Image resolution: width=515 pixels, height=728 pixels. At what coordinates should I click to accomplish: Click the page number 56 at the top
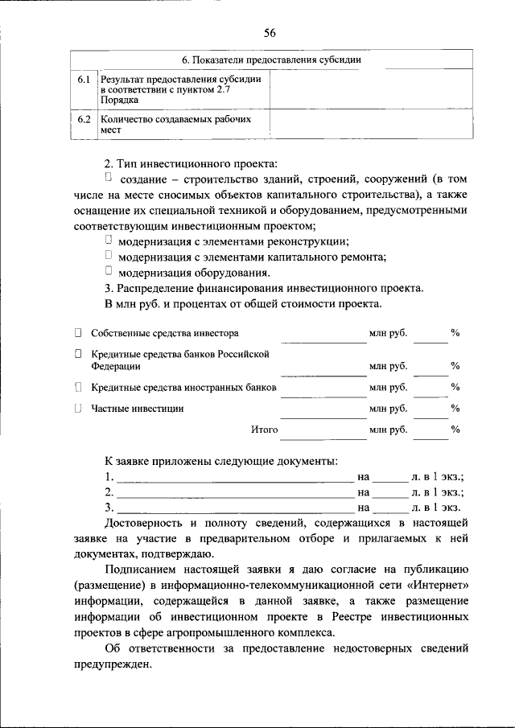pyautogui.click(x=270, y=32)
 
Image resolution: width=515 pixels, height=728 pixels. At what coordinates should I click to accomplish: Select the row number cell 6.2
pyautogui.click(x=84, y=119)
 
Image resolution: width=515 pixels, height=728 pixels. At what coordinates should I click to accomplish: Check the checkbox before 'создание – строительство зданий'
pyautogui.click(x=109, y=176)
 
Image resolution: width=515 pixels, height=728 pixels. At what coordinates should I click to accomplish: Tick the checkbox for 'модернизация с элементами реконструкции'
pyautogui.click(x=109, y=240)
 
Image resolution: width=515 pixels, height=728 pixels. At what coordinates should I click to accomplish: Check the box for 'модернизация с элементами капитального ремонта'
pyautogui.click(x=109, y=256)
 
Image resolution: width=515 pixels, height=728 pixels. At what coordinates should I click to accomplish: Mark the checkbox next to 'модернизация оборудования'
pyautogui.click(x=109, y=271)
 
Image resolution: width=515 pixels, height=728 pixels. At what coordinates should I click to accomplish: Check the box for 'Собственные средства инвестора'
pyautogui.click(x=78, y=332)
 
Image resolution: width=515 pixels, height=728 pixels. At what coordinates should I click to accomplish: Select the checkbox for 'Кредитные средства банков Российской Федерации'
pyautogui.click(x=78, y=353)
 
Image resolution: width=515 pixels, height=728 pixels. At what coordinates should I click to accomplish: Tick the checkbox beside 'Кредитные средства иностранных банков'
pyautogui.click(x=78, y=387)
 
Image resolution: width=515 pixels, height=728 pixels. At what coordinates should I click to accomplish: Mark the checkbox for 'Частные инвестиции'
pyautogui.click(x=78, y=408)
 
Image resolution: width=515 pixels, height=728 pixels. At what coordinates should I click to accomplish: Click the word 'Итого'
pyautogui.click(x=264, y=430)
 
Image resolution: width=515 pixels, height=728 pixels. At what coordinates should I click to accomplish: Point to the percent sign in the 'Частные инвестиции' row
pyautogui.click(x=455, y=409)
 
